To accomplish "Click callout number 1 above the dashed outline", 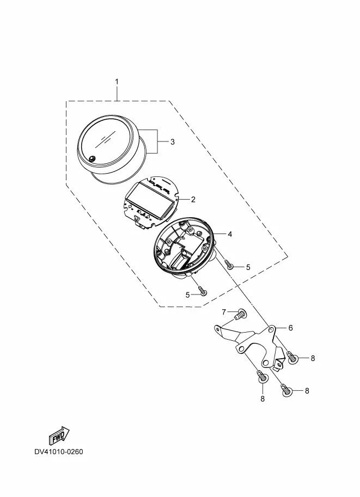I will [117, 82].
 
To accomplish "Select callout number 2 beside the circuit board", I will [192, 199].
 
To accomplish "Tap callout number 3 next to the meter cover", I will [172, 142].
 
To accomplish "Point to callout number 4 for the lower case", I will [230, 234].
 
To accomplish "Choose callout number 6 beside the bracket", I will [290, 328].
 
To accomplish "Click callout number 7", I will [223, 311].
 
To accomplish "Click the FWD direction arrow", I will [57, 435].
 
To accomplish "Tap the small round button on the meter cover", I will [92, 159].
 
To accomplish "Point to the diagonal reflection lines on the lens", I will [103, 140].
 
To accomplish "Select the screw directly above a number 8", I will [262, 377].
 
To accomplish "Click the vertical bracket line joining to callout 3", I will [158, 142].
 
